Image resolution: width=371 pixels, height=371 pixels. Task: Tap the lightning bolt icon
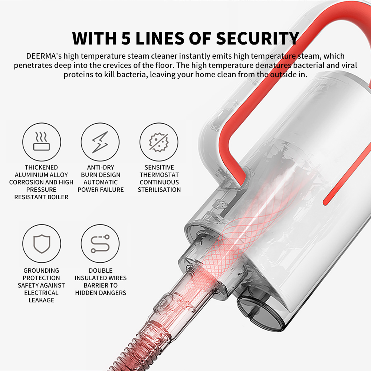[x=100, y=142]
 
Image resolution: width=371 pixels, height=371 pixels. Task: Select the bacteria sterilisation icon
[x=158, y=142]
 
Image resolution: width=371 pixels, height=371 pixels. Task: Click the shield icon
[x=42, y=243]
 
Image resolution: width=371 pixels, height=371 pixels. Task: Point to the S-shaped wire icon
[x=100, y=244]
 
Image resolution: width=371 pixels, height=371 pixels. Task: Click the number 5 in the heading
[x=126, y=38]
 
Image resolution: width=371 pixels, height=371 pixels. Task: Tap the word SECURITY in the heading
[x=257, y=38]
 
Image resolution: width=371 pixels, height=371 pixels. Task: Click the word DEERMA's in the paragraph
[x=44, y=56]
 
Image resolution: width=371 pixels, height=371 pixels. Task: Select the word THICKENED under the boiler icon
[x=41, y=167]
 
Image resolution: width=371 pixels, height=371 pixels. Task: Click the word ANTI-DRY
[x=101, y=167]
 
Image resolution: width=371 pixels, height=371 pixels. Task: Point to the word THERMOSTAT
[x=159, y=175]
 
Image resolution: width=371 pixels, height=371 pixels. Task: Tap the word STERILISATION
[x=159, y=190]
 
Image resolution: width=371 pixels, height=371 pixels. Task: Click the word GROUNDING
[x=41, y=270]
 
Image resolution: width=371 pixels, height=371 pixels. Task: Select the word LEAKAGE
[x=41, y=300]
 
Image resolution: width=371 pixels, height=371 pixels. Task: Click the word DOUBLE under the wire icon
[x=101, y=270]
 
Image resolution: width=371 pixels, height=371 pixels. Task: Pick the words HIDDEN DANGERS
[x=101, y=293]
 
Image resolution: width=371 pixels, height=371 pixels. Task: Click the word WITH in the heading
[x=94, y=38]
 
